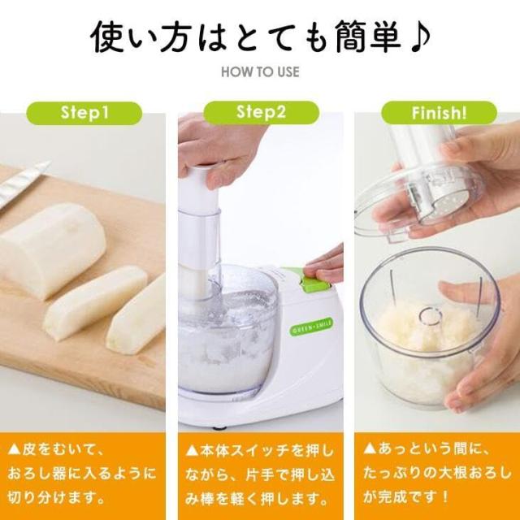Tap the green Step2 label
tap(259, 111)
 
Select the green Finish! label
tap(434, 111)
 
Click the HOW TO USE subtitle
tap(260, 71)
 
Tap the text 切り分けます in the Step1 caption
tap(57, 496)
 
